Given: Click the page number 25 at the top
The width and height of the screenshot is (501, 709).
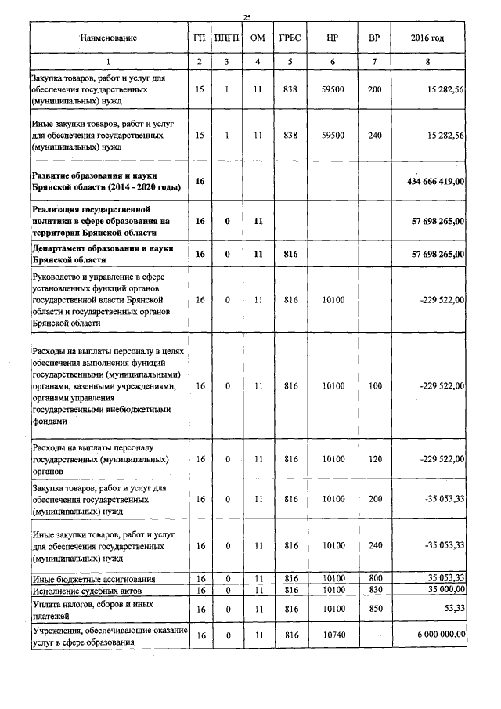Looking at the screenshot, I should tap(247, 17).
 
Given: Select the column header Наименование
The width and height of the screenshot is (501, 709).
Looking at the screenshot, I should tap(108, 38).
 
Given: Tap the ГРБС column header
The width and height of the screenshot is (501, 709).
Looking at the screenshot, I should tap(290, 38).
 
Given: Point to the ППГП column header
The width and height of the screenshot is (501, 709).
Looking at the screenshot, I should tap(226, 38).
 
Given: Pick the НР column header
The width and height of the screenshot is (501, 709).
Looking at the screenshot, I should tap(333, 38).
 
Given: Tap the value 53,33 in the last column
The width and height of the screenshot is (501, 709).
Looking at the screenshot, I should tap(455, 608).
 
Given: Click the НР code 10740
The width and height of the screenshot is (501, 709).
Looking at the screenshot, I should tap(333, 634).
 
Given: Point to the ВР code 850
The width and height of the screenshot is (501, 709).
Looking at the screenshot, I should tap(374, 608).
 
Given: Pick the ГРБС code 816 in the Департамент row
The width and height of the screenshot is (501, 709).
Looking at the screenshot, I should tap(290, 254).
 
